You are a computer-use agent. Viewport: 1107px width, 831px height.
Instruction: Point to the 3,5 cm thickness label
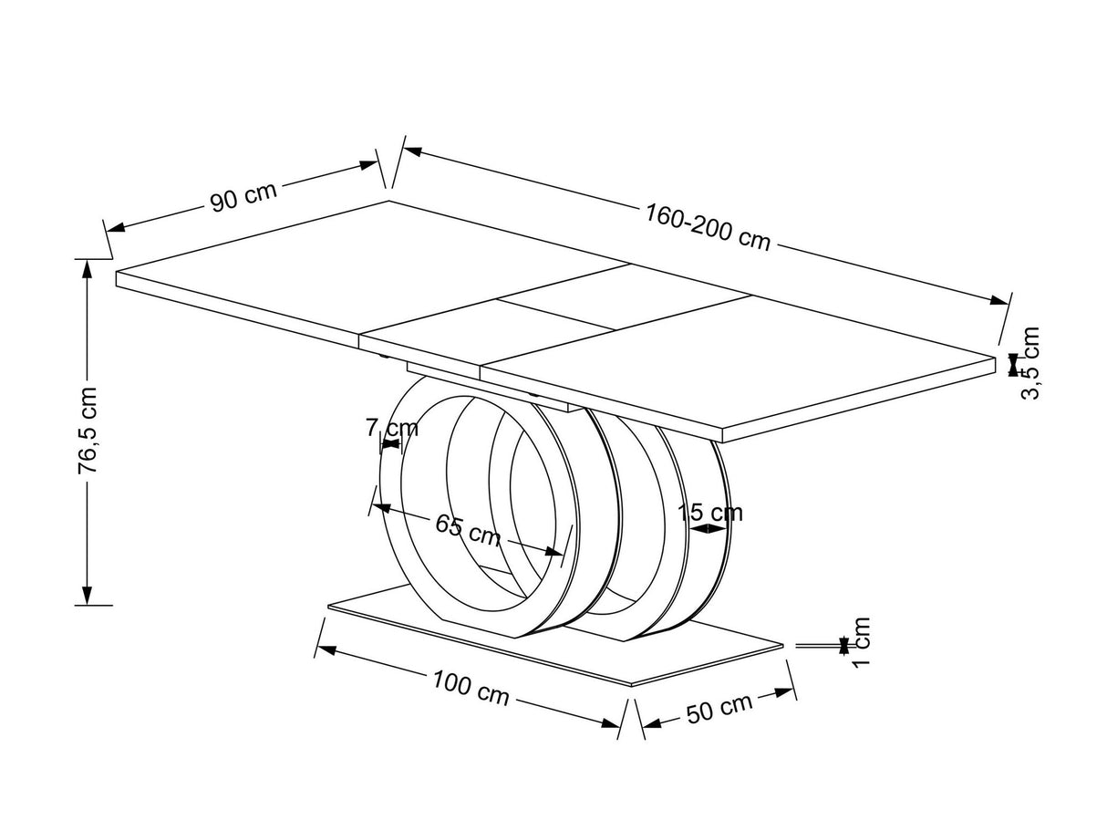1030,362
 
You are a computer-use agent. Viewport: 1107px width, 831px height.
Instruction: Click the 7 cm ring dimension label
393,427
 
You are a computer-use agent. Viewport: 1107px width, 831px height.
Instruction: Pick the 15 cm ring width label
711,512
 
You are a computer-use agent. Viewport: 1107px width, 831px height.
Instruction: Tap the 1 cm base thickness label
861,641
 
